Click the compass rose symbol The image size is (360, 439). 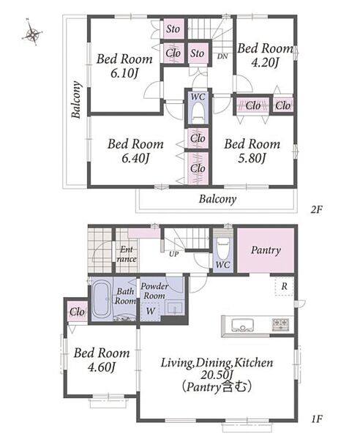(31, 34)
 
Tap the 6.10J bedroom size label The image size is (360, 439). (125, 74)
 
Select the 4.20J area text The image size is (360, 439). (265, 63)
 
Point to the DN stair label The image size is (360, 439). (222, 56)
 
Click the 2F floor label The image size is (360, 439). (317, 209)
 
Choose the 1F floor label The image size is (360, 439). (317, 419)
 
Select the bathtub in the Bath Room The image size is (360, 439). (102, 299)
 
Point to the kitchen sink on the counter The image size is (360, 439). (242, 325)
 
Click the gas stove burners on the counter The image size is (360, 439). (280, 325)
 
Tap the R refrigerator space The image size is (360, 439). (284, 286)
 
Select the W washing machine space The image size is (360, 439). (150, 311)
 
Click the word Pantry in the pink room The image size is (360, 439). (266, 250)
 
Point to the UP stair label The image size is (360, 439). (174, 254)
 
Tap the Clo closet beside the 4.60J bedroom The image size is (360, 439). (77, 312)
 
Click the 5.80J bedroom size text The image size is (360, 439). (252, 159)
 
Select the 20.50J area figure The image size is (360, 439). (217, 375)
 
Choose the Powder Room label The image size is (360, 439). (154, 291)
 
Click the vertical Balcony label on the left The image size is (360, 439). (76, 100)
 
